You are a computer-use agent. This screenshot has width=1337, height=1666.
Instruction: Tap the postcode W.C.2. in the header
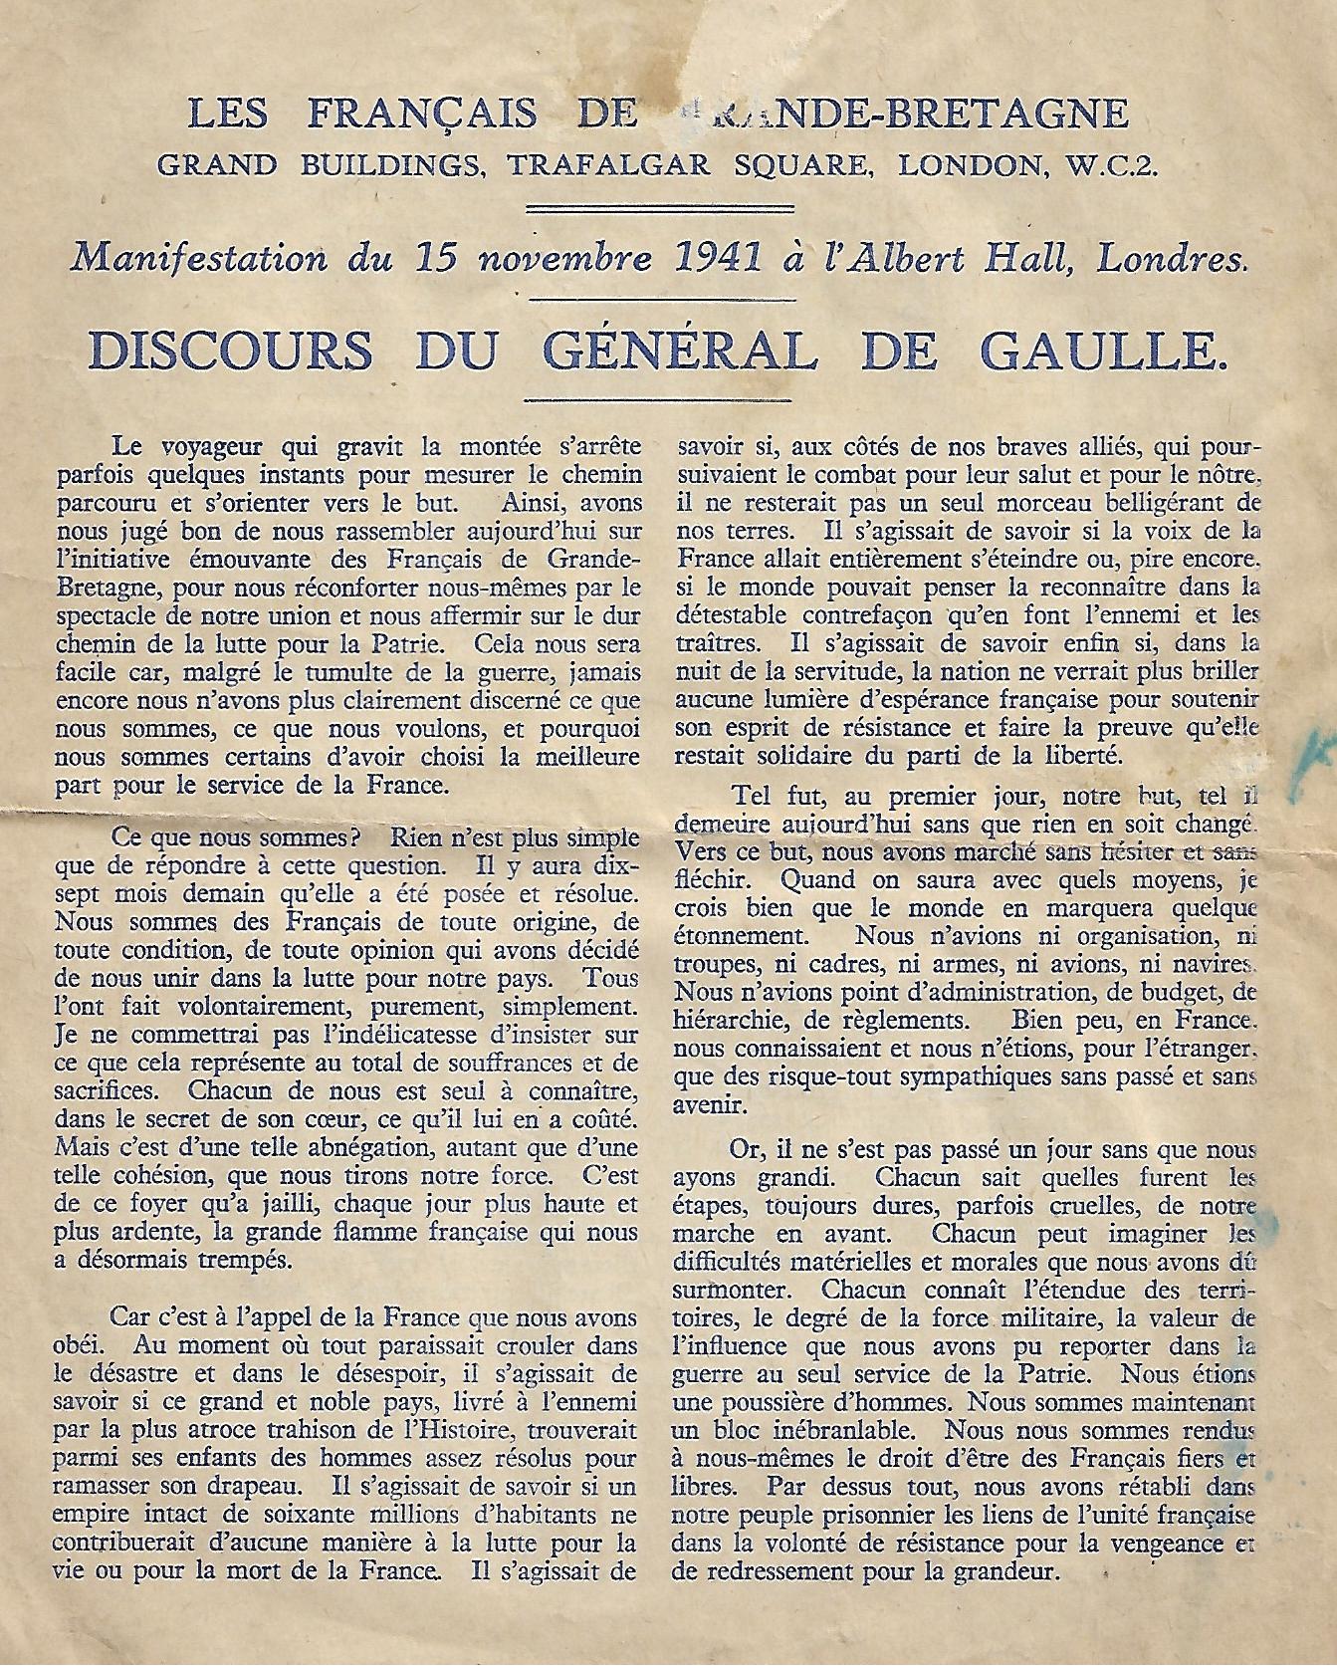click(1106, 164)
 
